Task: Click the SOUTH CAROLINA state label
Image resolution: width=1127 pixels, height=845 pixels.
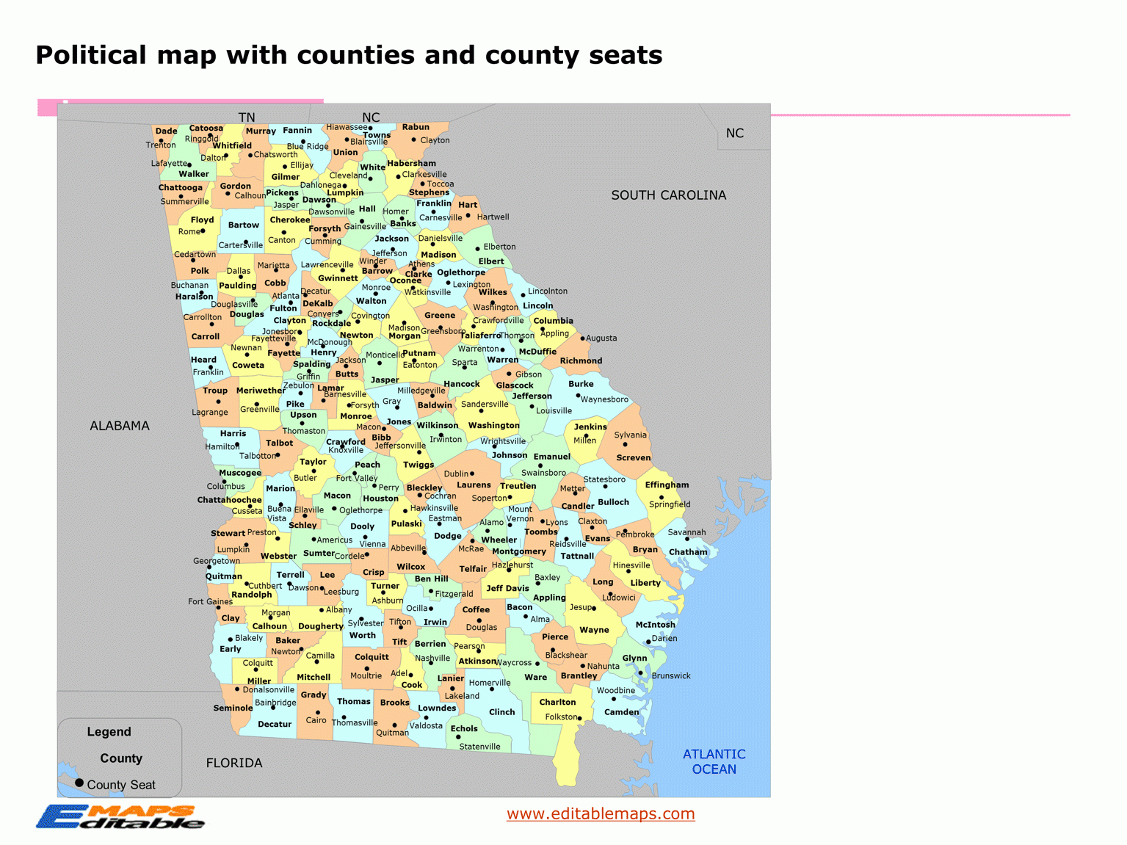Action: (x=668, y=195)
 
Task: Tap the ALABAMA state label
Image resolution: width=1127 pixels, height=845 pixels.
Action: (x=120, y=426)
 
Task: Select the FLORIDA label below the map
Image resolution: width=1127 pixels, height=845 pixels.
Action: (x=234, y=763)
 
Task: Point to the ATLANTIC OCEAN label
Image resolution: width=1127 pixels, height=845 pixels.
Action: (x=714, y=761)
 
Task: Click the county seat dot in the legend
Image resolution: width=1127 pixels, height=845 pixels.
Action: (x=79, y=783)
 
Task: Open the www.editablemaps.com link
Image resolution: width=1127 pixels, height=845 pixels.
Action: (x=601, y=813)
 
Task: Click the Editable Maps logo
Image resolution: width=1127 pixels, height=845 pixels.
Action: (x=120, y=816)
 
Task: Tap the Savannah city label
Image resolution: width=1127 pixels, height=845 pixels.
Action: (x=686, y=532)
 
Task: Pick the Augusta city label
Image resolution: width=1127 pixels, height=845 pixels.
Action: (x=601, y=338)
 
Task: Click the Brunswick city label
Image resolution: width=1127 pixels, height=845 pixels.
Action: (x=671, y=675)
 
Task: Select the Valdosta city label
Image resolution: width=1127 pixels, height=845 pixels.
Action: (x=426, y=725)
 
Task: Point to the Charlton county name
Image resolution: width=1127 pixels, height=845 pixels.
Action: (x=557, y=702)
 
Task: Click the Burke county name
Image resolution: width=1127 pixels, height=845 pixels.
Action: (x=581, y=384)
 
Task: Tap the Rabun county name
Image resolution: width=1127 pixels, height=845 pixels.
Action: (x=416, y=127)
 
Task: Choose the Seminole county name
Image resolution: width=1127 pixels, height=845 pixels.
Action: (x=233, y=708)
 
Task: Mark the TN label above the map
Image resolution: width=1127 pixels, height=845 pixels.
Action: (x=247, y=117)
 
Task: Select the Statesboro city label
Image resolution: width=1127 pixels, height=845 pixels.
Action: (x=604, y=479)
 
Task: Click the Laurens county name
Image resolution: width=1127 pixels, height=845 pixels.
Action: (x=474, y=485)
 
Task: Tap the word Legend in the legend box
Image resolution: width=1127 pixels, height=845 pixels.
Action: (x=109, y=732)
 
